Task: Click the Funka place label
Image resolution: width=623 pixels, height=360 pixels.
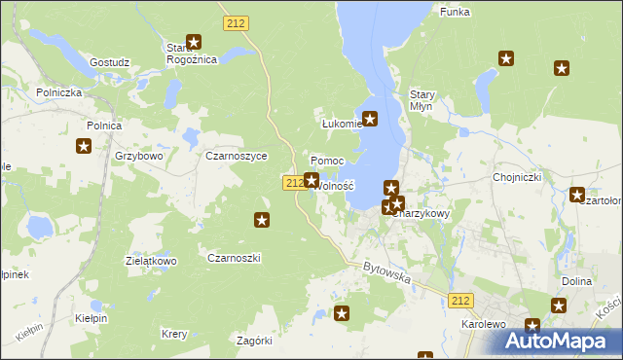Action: click(x=455, y=11)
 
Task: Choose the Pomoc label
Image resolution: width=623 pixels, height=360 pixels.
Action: click(x=327, y=161)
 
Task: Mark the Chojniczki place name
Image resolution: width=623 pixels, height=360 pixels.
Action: click(x=517, y=177)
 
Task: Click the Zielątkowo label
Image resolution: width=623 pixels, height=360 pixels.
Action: click(x=150, y=261)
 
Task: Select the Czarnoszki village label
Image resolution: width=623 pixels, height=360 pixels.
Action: click(x=234, y=257)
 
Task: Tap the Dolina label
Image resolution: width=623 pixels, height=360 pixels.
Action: click(x=577, y=280)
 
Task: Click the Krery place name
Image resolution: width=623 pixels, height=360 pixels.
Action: click(x=174, y=334)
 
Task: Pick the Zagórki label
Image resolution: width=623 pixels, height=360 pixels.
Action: click(x=255, y=341)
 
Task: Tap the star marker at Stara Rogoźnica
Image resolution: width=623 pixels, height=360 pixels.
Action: click(x=194, y=42)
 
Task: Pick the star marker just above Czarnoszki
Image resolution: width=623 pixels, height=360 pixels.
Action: click(x=262, y=221)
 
